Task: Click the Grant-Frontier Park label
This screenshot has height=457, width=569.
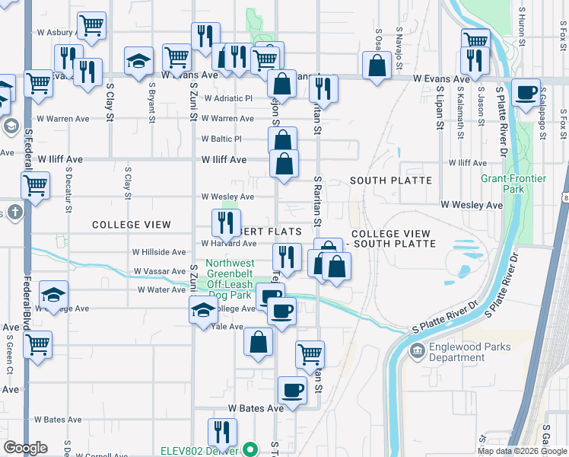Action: (x=503, y=184)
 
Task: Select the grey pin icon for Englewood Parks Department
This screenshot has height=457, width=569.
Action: (x=418, y=351)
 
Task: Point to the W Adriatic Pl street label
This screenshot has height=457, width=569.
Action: (x=227, y=99)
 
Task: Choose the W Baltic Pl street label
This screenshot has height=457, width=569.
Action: (x=221, y=139)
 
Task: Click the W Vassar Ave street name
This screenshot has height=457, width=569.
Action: (x=160, y=271)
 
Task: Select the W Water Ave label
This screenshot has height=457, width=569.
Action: (x=162, y=290)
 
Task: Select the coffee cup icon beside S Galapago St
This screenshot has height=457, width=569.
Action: (x=526, y=92)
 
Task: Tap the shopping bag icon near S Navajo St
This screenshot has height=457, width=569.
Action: (x=377, y=65)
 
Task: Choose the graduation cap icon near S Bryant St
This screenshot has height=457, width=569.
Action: (x=139, y=60)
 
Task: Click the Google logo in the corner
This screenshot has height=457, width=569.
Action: (x=25, y=448)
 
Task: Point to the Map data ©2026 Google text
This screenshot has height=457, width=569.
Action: (x=521, y=451)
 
